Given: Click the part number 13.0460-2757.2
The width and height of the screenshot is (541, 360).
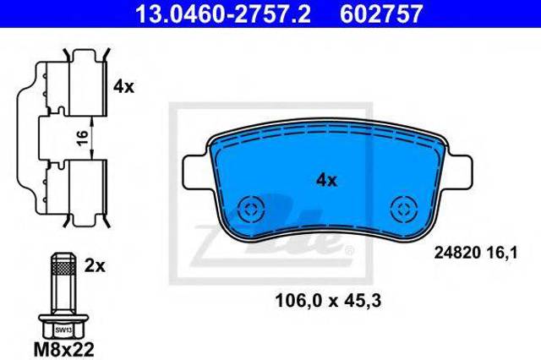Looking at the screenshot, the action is (x=223, y=14).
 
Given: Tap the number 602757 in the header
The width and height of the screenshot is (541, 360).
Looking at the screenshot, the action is (x=381, y=14).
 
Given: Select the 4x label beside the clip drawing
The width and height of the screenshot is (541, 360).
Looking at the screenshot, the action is (x=123, y=86).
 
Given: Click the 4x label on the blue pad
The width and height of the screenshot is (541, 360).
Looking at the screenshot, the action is (x=327, y=180).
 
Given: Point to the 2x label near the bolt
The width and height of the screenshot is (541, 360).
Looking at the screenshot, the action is (x=95, y=265).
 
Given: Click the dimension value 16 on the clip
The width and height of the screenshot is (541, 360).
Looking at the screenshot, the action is (x=83, y=138).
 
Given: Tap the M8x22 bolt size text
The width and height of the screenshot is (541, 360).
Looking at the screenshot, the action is (x=64, y=349).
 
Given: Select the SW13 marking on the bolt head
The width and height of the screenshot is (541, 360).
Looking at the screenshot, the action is (x=63, y=330).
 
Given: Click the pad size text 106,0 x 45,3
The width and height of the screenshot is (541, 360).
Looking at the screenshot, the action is (x=328, y=301).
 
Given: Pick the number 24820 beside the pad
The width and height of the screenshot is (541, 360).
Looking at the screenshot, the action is (x=457, y=254).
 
